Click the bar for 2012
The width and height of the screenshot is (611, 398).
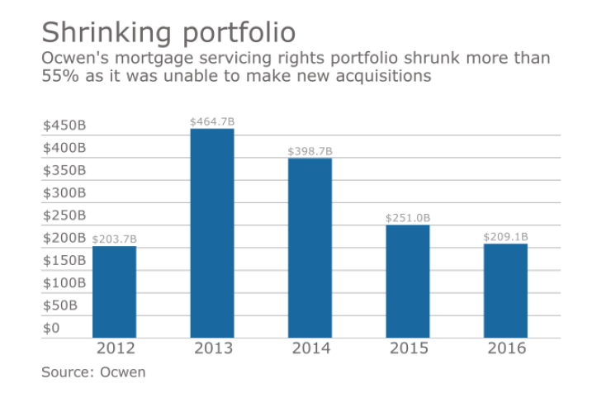pyautogui.click(x=114, y=291)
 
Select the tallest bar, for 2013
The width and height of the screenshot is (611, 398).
pyautogui.click(x=212, y=233)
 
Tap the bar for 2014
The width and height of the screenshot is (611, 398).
pyautogui.click(x=310, y=248)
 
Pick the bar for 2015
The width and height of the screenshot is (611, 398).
pyautogui.click(x=408, y=281)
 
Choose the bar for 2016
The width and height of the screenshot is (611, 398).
pyautogui.click(x=505, y=290)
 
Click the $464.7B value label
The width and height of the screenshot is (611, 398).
pyautogui.click(x=212, y=121)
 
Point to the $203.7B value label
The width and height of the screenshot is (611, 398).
pyautogui.click(x=114, y=239)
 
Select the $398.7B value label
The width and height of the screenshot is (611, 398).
pyautogui.click(x=310, y=151)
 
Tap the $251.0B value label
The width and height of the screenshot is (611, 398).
pyautogui.click(x=408, y=218)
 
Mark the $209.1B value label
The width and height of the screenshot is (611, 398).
pyautogui.click(x=505, y=237)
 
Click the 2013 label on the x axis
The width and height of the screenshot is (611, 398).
pyautogui.click(x=212, y=348)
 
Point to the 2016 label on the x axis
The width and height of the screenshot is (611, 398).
pyautogui.click(x=505, y=348)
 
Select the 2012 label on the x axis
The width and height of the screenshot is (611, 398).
pyautogui.click(x=114, y=348)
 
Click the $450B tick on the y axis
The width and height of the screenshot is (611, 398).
pyautogui.click(x=64, y=126)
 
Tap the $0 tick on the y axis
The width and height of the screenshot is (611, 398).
pyautogui.click(x=51, y=328)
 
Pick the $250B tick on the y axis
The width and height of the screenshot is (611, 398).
pyautogui.click(x=64, y=216)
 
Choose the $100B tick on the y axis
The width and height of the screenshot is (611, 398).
pyautogui.click(x=64, y=283)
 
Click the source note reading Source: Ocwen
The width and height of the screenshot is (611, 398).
pyautogui.click(x=93, y=372)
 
